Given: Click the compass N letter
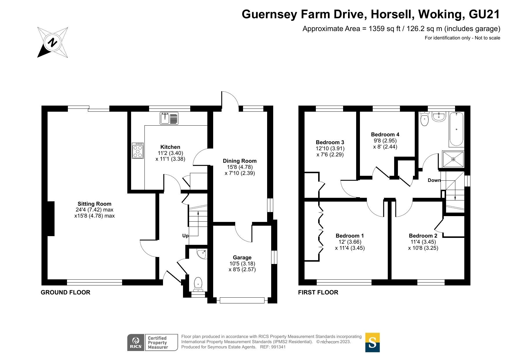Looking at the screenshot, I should [52, 43].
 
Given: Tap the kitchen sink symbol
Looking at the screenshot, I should [169, 118].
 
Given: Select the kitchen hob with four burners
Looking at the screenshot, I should [138, 151].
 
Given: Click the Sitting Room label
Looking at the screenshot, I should [94, 204].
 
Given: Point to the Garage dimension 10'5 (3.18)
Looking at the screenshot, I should [242, 263].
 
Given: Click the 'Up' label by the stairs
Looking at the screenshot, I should [185, 236].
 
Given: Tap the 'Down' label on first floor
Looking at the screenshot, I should [434, 180].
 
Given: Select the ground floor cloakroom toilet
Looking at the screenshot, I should [198, 284].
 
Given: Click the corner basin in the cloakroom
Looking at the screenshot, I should [202, 254].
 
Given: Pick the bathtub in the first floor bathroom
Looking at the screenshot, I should [456, 129].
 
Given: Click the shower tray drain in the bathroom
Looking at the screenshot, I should [453, 159].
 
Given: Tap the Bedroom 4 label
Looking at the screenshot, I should [385, 134].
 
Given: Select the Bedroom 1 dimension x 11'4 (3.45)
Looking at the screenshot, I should [350, 248].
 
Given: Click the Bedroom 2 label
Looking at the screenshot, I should [423, 236].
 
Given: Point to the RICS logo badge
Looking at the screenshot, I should [136, 342].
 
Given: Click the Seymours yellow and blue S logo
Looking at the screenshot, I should [372, 342].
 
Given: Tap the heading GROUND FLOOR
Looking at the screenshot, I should [66, 292].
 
